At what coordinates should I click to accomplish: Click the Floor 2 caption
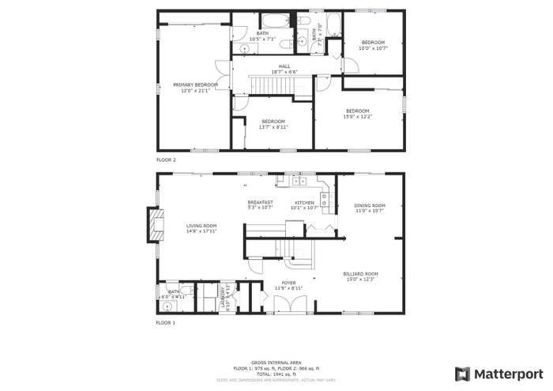pos(166,160)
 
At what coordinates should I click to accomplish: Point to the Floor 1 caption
pos(165,323)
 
